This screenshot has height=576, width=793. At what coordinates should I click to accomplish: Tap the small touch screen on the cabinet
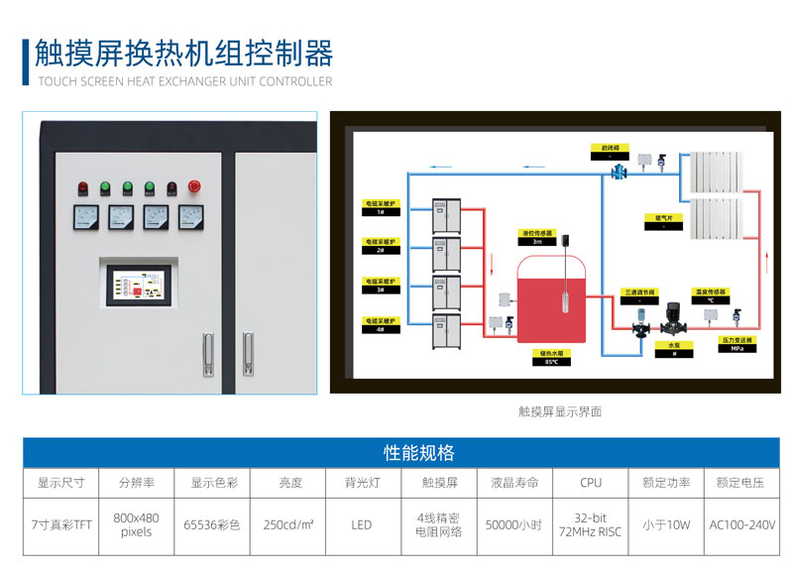coord(135,285)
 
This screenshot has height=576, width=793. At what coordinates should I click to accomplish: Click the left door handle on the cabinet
coord(206,354)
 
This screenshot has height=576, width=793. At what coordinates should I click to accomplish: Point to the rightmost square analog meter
coord(190,217)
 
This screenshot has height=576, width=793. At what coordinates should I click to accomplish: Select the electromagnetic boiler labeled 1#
coord(445,217)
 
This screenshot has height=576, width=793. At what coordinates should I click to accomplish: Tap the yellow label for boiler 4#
coord(380,325)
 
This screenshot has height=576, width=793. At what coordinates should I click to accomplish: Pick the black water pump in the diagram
coord(673,316)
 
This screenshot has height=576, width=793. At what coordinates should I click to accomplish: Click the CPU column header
coord(591,484)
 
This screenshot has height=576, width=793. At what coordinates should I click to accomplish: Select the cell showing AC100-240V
coord(742,524)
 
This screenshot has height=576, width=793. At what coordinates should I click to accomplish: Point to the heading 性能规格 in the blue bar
coord(418,453)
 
